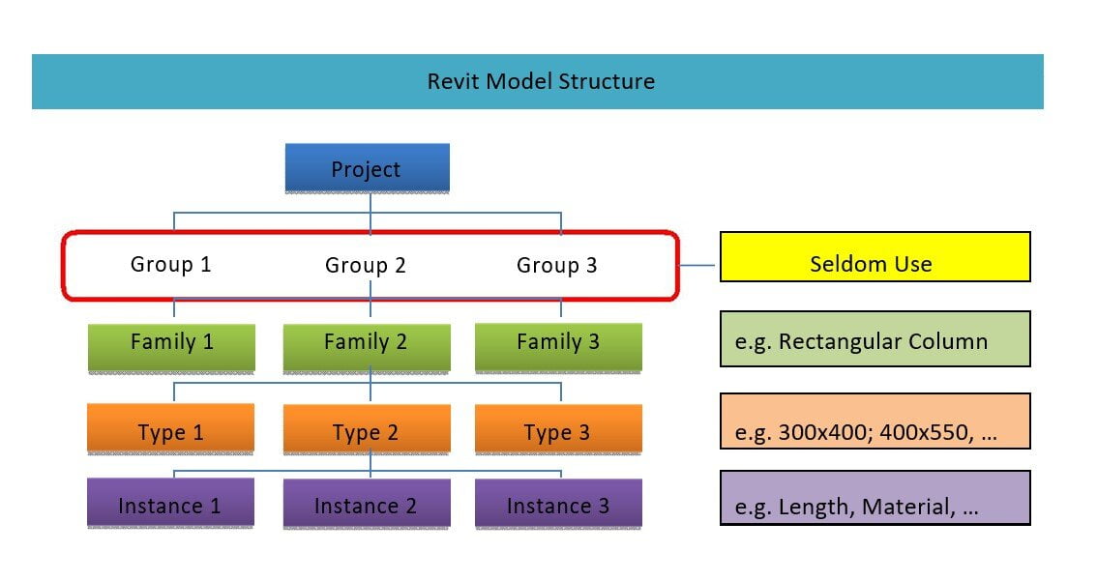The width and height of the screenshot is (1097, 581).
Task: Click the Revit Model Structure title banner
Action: click(537, 81)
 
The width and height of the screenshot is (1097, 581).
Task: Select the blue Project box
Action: click(367, 168)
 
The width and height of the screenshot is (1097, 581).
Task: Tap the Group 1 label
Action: click(171, 263)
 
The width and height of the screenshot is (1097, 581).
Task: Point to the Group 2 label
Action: click(366, 265)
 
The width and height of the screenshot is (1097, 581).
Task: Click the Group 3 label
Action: click(557, 265)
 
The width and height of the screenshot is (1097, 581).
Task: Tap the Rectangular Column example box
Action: click(875, 339)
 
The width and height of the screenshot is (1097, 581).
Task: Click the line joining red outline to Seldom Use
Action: click(699, 265)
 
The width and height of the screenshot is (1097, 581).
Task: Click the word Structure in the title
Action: click(608, 81)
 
